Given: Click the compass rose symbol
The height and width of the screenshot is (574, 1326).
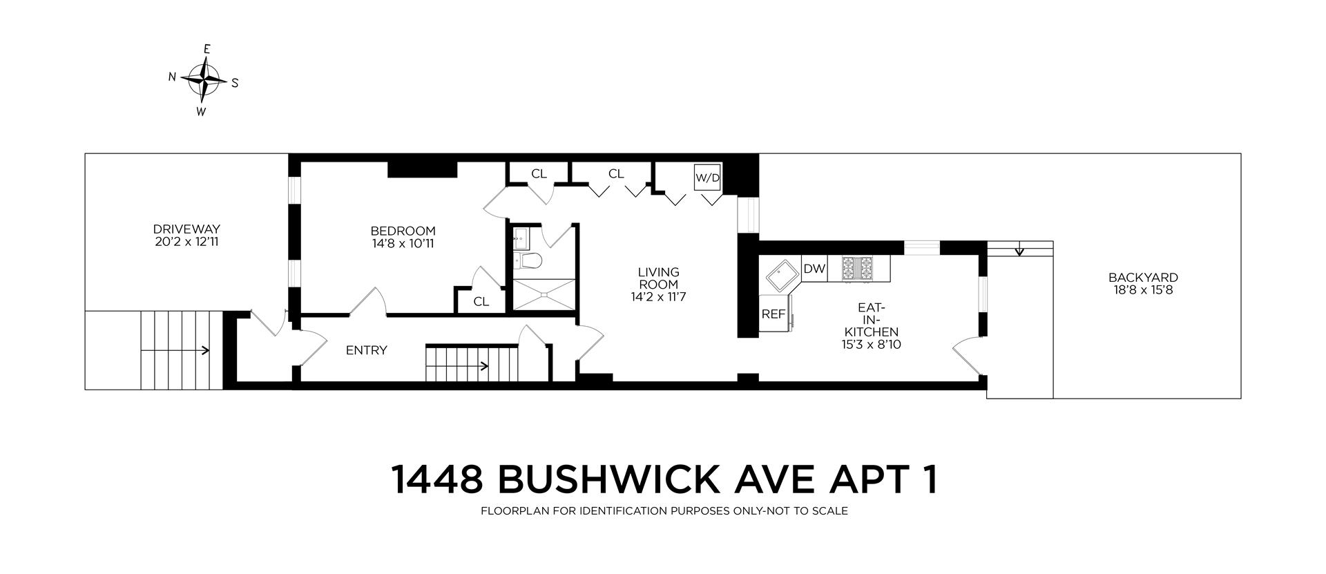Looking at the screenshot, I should (205, 79).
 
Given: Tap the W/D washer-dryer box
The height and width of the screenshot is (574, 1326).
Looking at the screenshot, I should (707, 178).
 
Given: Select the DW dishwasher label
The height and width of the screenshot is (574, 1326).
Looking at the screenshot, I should (814, 269).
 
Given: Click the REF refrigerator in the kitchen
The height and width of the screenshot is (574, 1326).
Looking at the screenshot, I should (773, 314).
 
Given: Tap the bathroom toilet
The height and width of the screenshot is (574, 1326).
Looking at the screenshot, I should (530, 260).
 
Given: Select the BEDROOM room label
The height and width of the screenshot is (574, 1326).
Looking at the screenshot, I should (403, 231).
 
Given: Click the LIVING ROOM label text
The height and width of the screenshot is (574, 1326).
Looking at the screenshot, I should (658, 278).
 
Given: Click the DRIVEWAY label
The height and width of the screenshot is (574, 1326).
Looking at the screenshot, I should (186, 229).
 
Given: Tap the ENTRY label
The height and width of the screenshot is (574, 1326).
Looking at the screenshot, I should (366, 350).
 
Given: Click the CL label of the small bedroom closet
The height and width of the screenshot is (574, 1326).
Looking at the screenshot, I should (481, 302).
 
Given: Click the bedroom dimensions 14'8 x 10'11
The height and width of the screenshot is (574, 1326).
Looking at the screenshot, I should (403, 243).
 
